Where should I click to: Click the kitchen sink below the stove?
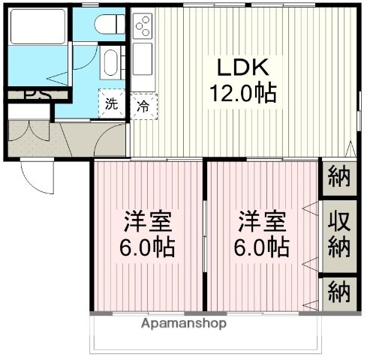142,58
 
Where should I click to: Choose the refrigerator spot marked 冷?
142,106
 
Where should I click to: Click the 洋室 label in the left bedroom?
147,222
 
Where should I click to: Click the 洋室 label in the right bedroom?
262,222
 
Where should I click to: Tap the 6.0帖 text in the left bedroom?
147,247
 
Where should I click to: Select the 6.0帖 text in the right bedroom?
262,247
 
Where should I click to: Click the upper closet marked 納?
339,178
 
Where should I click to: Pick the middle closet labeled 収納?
339,235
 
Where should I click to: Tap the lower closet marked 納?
339,291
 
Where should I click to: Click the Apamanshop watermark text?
183,324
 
